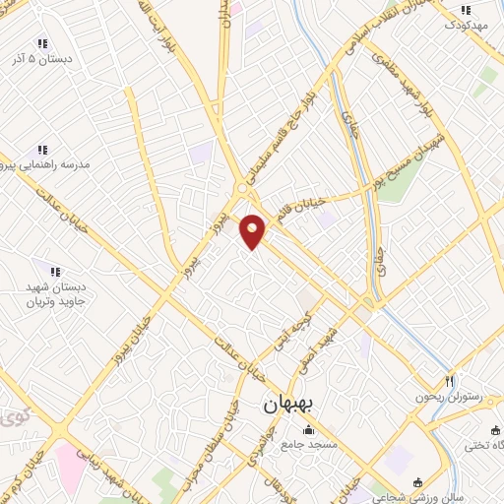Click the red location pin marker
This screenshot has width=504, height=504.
click(253, 231)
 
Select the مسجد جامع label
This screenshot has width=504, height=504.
click(309, 445)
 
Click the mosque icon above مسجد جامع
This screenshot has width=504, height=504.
click(309, 430)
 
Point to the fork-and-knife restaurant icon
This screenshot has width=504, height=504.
click(449, 381)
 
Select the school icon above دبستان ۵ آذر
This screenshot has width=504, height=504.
click(41, 43)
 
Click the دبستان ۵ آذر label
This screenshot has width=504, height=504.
click(42, 59)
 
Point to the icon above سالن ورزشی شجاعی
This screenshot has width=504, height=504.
click(417, 482)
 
